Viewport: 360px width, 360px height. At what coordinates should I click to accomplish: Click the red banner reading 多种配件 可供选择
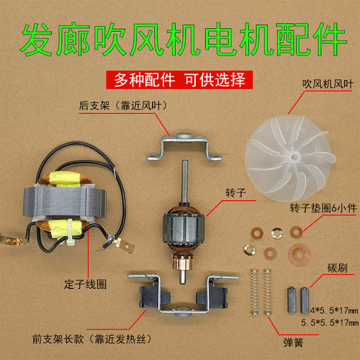click(179, 78)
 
